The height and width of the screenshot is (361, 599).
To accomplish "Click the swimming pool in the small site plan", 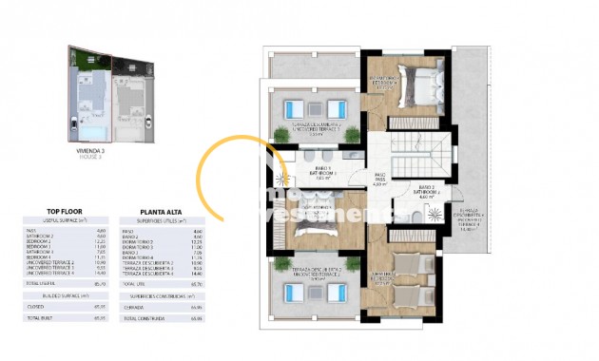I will [x=91, y=117].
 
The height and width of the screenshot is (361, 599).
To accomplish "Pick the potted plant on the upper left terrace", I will [x=281, y=133].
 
